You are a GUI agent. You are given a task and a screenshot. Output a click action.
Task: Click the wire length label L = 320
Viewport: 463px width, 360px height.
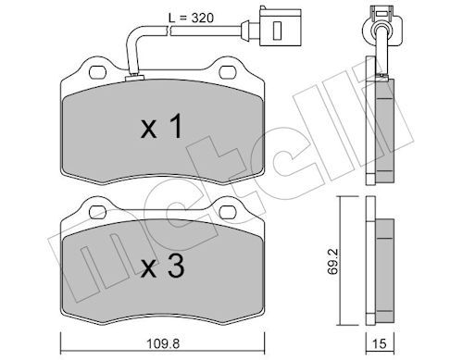(191, 19)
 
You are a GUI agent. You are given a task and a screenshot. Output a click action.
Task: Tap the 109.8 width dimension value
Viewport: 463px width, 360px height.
(163, 343)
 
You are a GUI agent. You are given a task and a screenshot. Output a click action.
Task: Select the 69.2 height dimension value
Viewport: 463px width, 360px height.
(333, 262)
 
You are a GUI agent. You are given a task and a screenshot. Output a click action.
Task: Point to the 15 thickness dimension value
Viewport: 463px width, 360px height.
(380, 343)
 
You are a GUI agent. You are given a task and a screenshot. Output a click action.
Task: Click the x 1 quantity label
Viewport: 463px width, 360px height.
(162, 126)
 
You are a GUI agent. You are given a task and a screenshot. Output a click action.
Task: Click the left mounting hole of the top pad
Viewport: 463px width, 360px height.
(97, 72)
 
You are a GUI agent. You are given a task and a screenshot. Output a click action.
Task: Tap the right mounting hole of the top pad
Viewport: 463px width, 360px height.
(228, 72)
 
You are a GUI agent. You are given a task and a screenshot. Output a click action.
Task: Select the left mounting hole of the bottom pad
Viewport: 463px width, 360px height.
(97, 212)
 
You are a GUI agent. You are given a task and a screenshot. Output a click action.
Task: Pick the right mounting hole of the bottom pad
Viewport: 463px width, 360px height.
(228, 212)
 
